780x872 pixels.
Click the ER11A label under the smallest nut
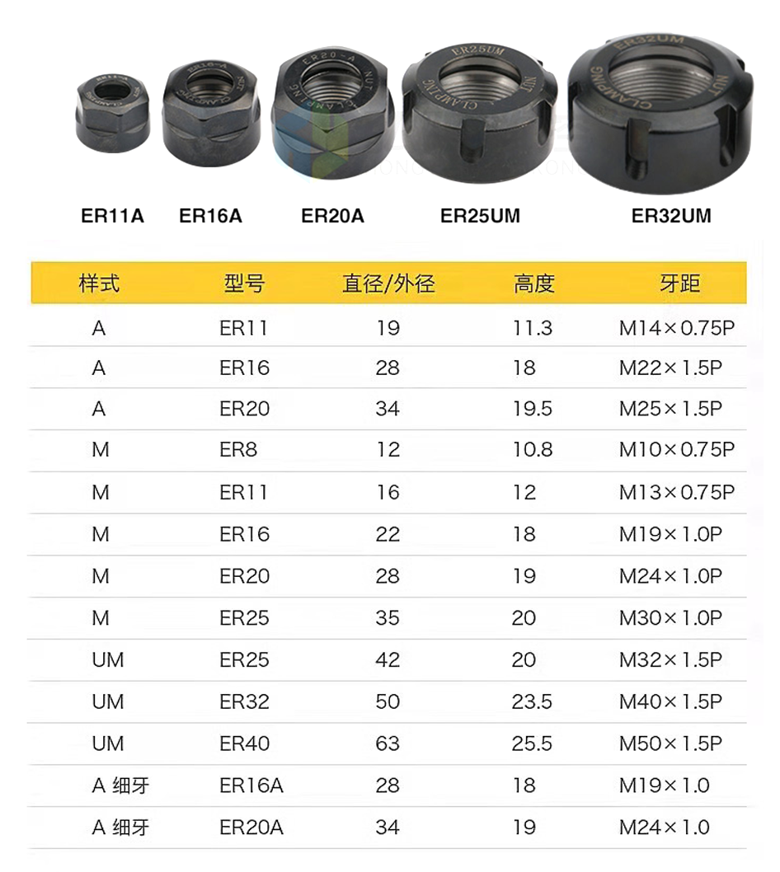[x=112, y=216]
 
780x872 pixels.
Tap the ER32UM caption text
[x=671, y=216]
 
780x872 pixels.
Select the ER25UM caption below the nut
[x=480, y=216]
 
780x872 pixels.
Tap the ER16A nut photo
[x=211, y=115]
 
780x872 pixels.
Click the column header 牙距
[x=679, y=284]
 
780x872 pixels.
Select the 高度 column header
[x=534, y=284]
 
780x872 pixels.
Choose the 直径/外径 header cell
[x=388, y=284]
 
